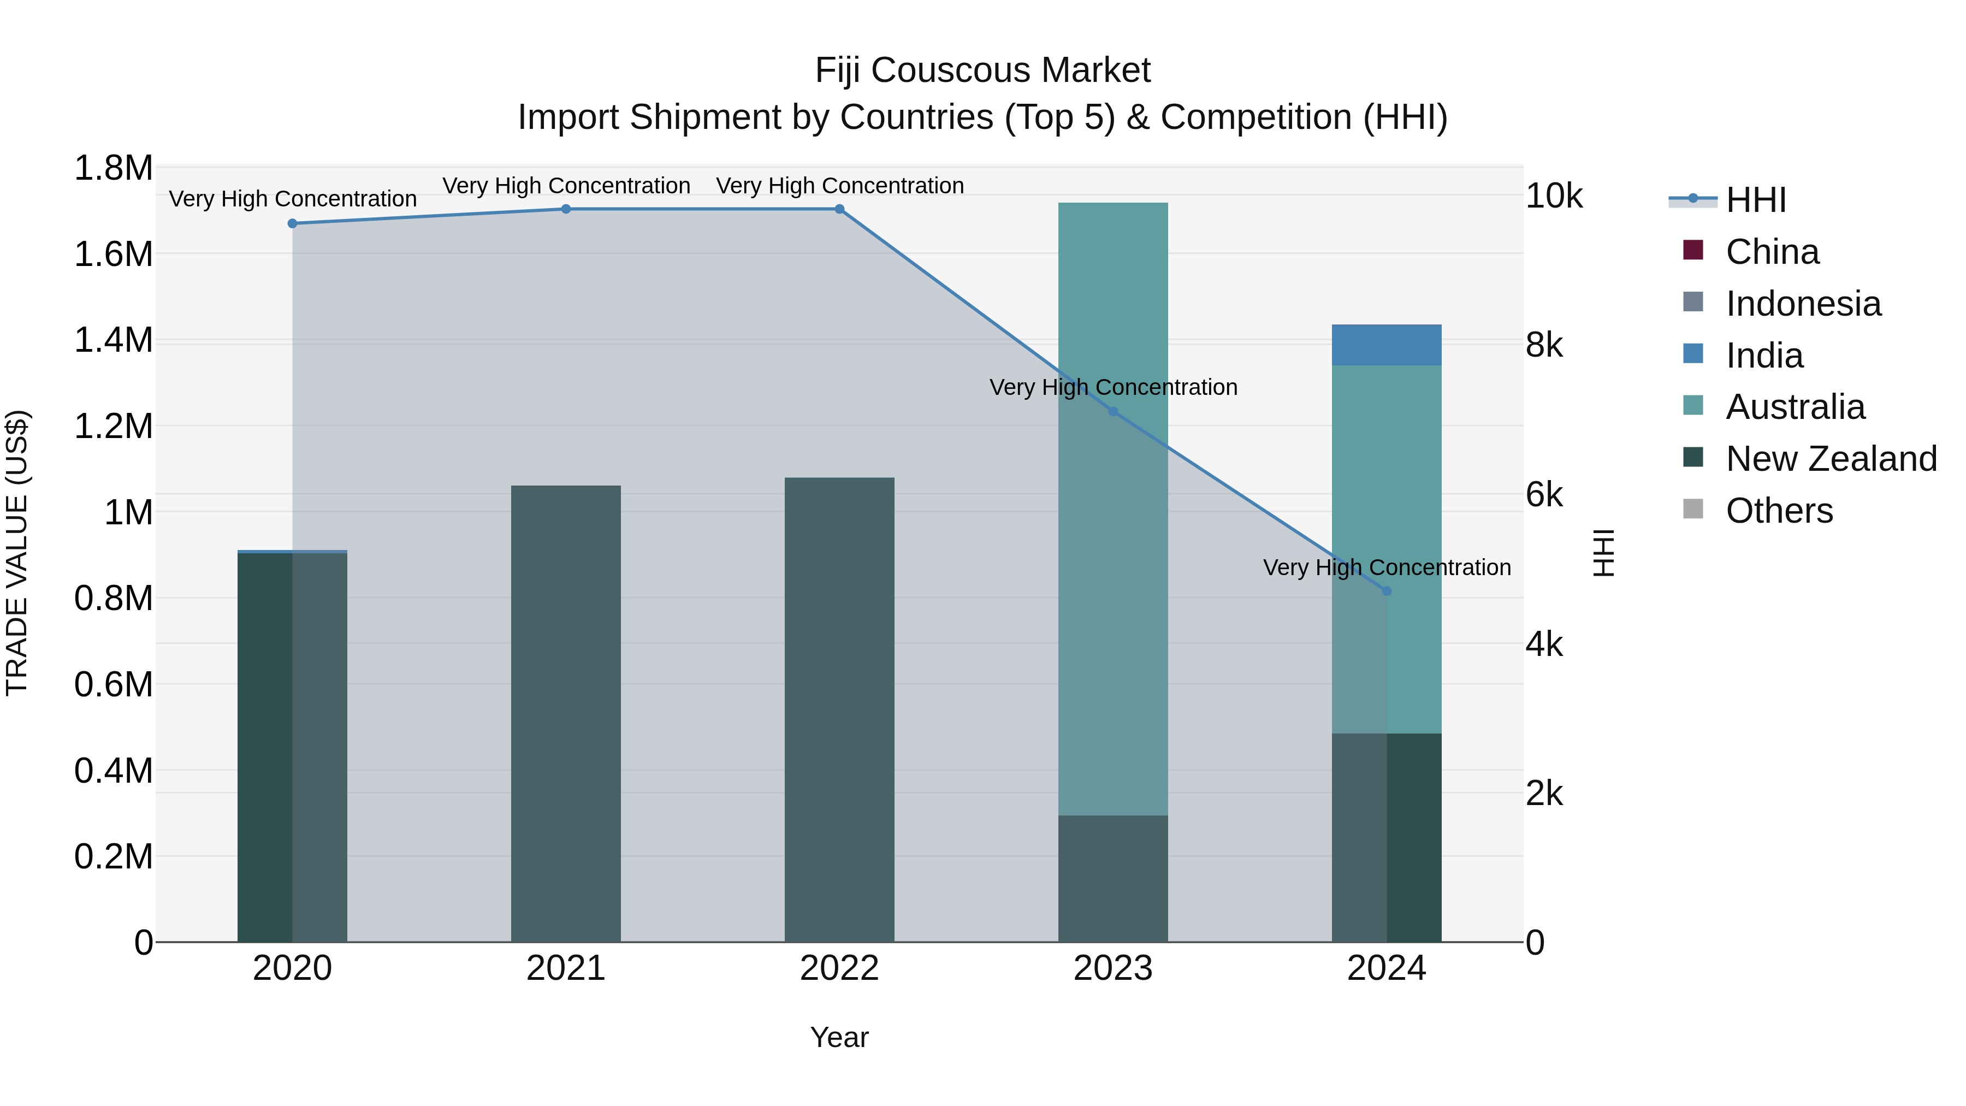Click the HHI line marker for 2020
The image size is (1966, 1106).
click(x=292, y=223)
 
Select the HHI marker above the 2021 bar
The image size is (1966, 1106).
click(x=566, y=209)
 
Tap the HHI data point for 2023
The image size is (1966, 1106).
click(x=1113, y=411)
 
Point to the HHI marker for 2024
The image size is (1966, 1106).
click(x=1387, y=591)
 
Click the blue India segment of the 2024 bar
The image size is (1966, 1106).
click(x=1387, y=345)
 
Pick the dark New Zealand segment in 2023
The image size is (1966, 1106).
click(x=1113, y=878)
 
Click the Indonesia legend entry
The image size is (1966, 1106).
click(x=1803, y=304)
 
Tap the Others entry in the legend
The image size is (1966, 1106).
click(x=1778, y=511)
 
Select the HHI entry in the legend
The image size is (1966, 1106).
click(x=1755, y=200)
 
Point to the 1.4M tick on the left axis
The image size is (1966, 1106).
click(x=113, y=340)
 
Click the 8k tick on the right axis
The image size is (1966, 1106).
click(x=1543, y=346)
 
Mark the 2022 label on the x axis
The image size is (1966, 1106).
click(x=839, y=968)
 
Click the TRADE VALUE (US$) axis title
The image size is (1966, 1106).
click(x=17, y=553)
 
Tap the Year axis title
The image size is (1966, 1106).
click(x=839, y=1037)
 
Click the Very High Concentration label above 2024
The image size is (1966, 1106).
click(x=1387, y=568)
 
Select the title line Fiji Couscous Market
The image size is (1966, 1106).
click(x=982, y=70)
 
